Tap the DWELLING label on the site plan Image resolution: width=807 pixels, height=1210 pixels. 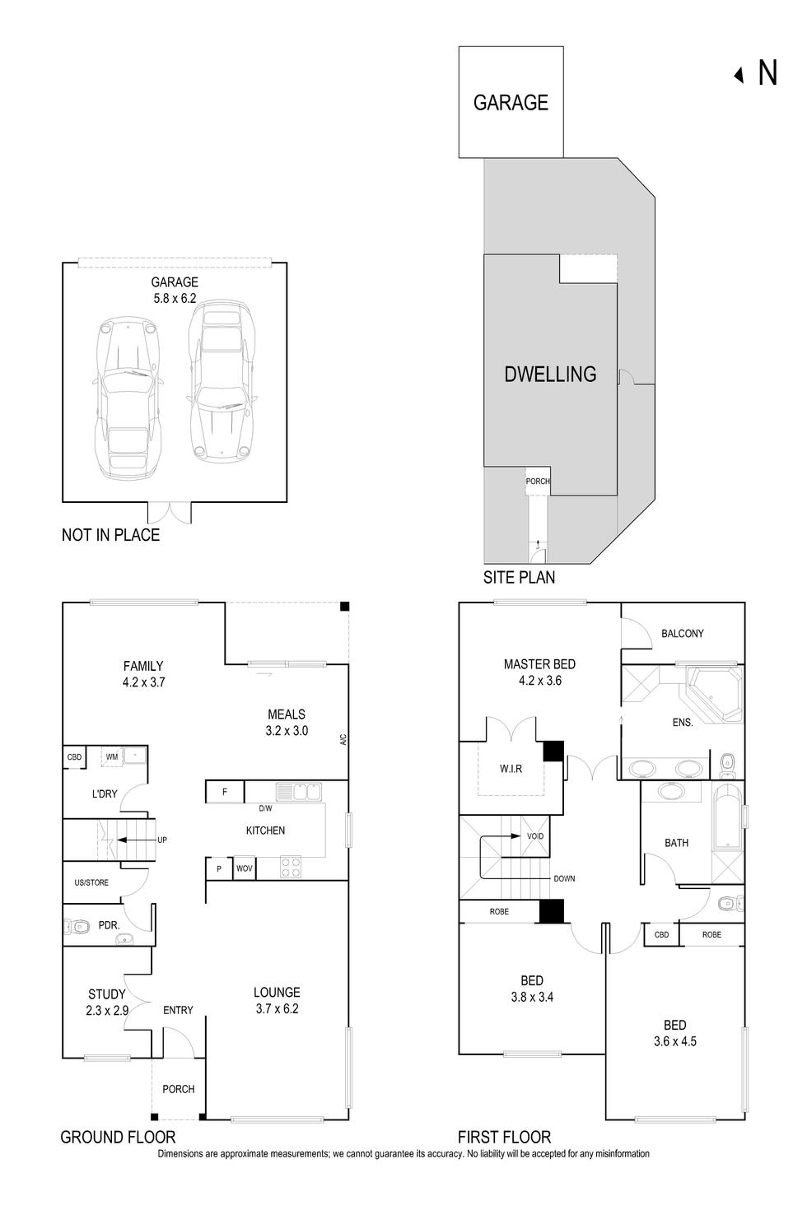pos(550,375)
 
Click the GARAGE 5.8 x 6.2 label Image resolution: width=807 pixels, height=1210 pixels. pos(175,291)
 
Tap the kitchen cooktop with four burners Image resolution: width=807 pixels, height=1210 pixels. pos(292,868)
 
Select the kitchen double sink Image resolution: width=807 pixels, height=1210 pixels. pos(298,792)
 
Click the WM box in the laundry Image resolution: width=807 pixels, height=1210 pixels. pos(112,756)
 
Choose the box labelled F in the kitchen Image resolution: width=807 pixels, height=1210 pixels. pos(225,793)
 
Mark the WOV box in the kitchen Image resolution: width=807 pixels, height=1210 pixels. pos(245,868)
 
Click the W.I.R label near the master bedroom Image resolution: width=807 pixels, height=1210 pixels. pos(511,769)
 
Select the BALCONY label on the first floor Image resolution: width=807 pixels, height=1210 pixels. pos(683,633)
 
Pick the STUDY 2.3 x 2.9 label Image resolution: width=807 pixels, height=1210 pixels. pos(107,1003)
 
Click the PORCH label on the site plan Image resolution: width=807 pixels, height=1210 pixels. pos(538,482)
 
